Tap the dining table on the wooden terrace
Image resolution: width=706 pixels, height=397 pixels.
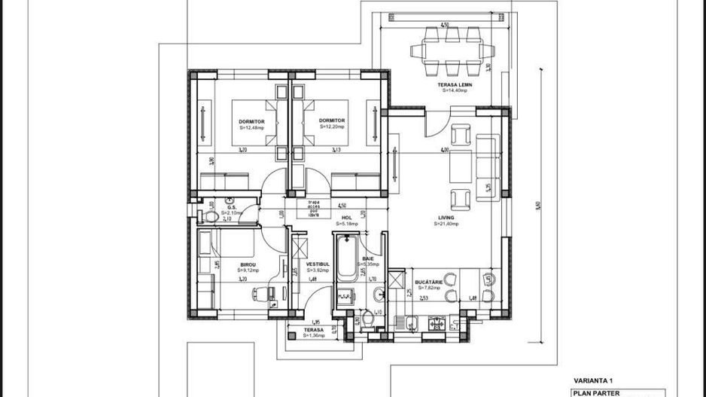click(452, 51)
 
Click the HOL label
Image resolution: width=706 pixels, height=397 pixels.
click(347, 218)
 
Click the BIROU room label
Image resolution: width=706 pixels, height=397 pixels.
click(248, 264)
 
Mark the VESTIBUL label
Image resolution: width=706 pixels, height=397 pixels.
click(315, 264)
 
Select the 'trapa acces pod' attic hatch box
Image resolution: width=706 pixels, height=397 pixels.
click(313, 209)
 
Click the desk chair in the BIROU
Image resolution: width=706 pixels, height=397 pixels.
click(273, 304)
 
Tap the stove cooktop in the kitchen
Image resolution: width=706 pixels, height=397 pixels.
click(436, 324)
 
